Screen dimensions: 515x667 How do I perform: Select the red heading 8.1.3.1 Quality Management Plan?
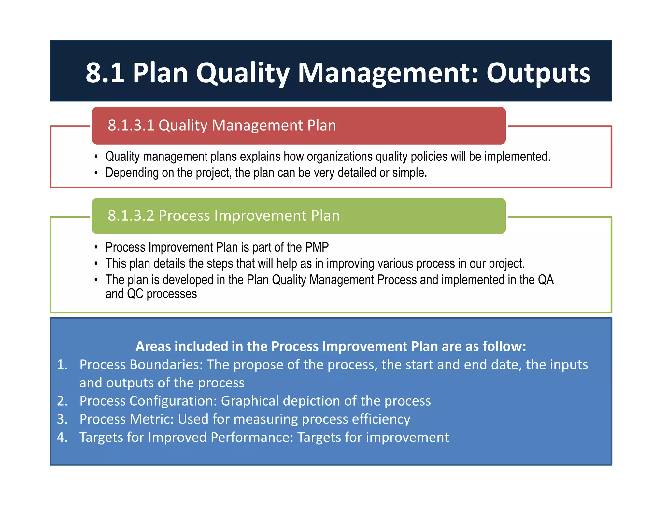tap(221, 125)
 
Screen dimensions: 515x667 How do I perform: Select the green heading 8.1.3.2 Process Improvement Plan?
tap(223, 216)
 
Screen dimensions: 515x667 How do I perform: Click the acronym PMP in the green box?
tap(317, 247)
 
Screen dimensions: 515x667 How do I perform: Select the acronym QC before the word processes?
tap(135, 294)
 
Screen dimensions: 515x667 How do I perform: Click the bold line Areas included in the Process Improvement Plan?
tap(330, 346)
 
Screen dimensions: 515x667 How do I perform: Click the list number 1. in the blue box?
tap(62, 365)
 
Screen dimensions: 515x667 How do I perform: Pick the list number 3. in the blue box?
tap(62, 419)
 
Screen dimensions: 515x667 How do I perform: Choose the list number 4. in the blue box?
tap(62, 438)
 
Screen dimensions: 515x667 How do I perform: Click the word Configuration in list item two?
tap(173, 401)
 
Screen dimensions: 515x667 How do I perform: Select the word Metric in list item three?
tap(151, 419)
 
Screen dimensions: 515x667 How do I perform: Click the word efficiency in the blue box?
tap(381, 419)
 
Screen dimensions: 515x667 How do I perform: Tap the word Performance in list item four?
tap(252, 438)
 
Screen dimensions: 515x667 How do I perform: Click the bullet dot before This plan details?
tap(96, 263)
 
